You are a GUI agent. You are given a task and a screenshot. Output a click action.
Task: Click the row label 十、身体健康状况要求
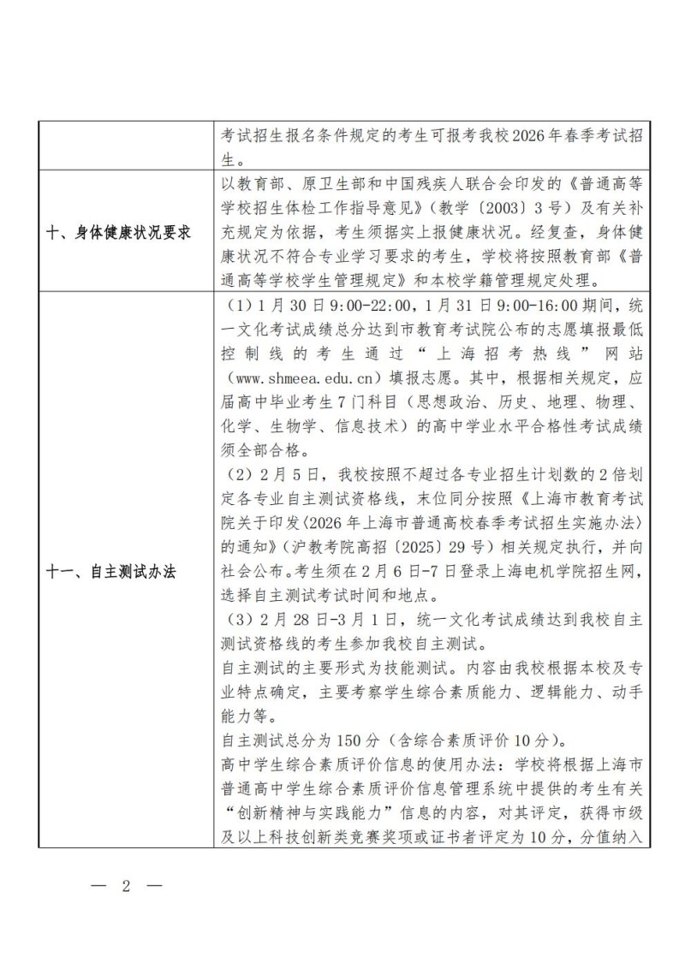coord(118,233)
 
